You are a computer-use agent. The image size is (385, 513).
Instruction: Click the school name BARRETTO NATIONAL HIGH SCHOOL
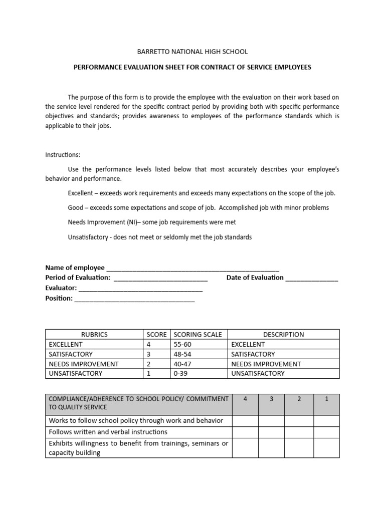[x=192, y=52]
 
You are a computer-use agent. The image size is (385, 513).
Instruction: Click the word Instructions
[x=63, y=155]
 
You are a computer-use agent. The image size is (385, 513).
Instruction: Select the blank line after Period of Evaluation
[x=161, y=279]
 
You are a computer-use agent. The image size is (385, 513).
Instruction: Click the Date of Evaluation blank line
[x=312, y=279]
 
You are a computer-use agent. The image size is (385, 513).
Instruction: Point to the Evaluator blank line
[x=141, y=289]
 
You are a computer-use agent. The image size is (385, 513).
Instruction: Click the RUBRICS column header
[x=94, y=335]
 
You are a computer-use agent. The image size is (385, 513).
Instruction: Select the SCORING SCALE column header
[x=198, y=335]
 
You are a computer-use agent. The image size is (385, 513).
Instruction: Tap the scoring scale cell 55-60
[x=182, y=345]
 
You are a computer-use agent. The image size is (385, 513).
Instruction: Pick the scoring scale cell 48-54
[x=182, y=354]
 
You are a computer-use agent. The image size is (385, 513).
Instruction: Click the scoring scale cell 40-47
[x=182, y=364]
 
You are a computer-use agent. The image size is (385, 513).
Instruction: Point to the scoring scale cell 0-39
[x=180, y=374]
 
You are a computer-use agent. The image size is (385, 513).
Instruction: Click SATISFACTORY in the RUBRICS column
[x=71, y=354]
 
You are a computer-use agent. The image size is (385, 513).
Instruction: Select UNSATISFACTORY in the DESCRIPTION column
[x=258, y=374]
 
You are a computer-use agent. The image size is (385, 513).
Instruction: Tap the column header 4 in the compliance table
[x=245, y=399]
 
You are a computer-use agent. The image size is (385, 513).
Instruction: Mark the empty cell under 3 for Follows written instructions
[x=271, y=432]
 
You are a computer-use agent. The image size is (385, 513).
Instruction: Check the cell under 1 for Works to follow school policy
[x=326, y=421]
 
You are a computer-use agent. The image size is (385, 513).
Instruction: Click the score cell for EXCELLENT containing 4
[x=148, y=345]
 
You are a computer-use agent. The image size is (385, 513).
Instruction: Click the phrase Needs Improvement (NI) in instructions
[x=100, y=222]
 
